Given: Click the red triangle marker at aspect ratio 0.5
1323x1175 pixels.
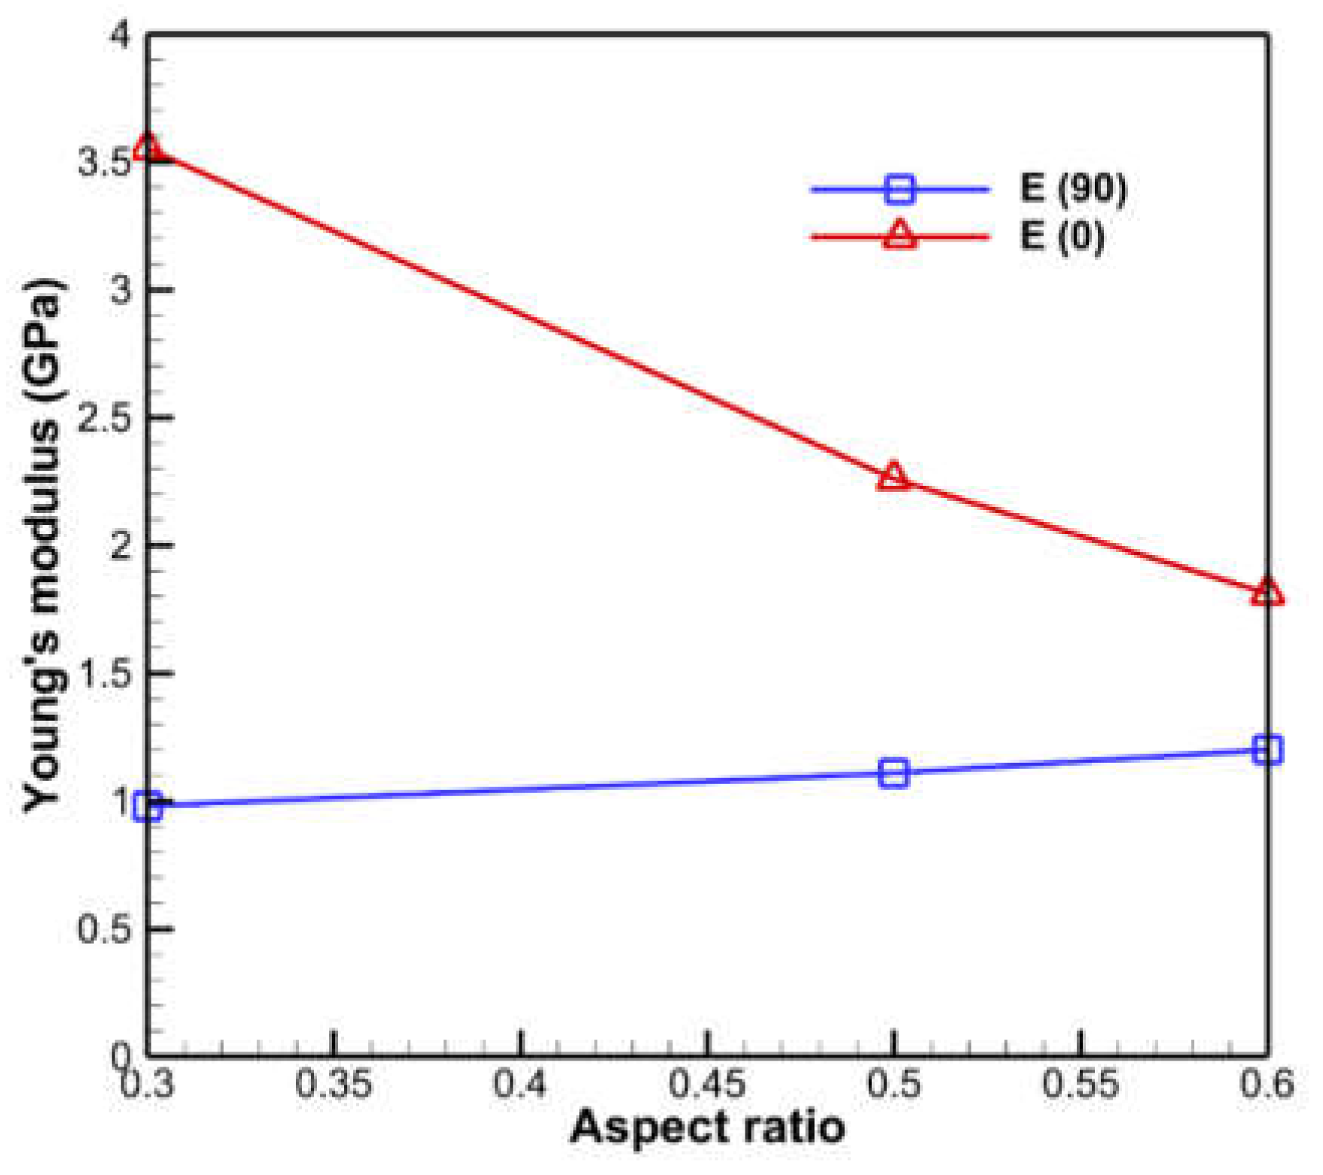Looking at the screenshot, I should pyautogui.click(x=893, y=477).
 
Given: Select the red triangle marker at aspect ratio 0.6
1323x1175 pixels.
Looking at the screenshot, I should pyautogui.click(x=1267, y=593).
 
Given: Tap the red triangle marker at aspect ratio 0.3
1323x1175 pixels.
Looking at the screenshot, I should pyautogui.click(x=148, y=148).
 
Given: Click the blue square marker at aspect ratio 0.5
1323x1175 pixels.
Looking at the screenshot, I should pyautogui.click(x=893, y=774).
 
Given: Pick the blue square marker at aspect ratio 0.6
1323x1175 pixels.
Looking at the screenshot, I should pyautogui.click(x=1267, y=749).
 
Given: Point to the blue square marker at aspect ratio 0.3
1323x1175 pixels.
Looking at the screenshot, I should pyautogui.click(x=148, y=807).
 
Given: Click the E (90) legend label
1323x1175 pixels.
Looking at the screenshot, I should pyautogui.click(x=1074, y=188).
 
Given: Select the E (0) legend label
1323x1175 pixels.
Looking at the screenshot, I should pyautogui.click(x=1062, y=236).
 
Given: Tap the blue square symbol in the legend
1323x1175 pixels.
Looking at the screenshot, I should pyautogui.click(x=900, y=188).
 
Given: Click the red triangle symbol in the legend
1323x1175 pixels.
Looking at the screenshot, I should pyautogui.click(x=900, y=234).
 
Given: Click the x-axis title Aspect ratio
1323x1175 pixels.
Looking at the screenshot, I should pyautogui.click(x=707, y=1128).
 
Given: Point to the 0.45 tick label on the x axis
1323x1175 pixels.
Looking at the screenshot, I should pyautogui.click(x=706, y=1085).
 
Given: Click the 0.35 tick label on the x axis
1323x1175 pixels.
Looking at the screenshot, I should pyautogui.click(x=333, y=1085).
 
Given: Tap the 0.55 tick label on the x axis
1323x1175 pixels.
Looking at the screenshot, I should pyautogui.click(x=1080, y=1085).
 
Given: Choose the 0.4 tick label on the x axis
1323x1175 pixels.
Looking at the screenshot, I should pyautogui.click(x=520, y=1085).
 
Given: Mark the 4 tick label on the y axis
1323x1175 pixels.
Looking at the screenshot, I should pyautogui.click(x=120, y=35).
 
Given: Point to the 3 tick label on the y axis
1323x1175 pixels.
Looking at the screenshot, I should pyautogui.click(x=120, y=290).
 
